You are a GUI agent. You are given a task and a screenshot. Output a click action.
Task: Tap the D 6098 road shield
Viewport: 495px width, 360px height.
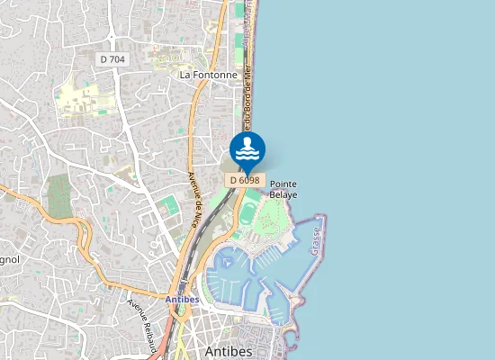tap(245, 180)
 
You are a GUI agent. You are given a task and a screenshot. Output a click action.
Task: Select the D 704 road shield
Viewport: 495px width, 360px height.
tap(113, 58)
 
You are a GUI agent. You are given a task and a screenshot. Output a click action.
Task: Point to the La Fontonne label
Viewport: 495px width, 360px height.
tap(208, 75)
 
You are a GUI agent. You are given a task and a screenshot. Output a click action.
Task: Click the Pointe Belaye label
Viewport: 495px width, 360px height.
tap(283, 187)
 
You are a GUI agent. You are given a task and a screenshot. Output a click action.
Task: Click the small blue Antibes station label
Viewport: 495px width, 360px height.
tap(184, 298)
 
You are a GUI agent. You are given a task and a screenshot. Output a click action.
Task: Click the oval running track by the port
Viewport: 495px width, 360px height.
tap(247, 213)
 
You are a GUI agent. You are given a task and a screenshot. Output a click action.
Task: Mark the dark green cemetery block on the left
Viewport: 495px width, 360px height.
tap(59, 196)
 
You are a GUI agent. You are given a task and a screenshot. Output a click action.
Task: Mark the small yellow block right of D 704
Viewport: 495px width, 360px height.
tap(166, 62)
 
